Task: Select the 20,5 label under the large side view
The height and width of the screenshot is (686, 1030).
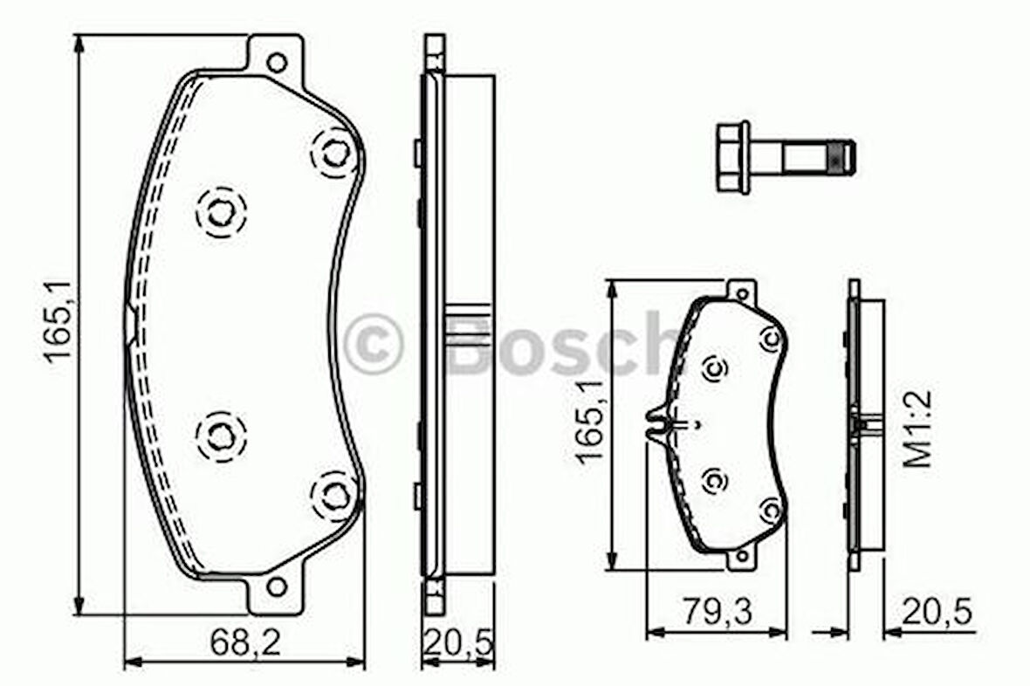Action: [x=458, y=644]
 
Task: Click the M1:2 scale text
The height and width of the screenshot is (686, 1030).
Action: [x=917, y=429]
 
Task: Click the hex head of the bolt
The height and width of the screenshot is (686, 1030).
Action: [x=732, y=157]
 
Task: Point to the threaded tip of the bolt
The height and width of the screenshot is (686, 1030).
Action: [x=841, y=157]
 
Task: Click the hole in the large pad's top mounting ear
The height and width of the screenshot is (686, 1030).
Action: [x=277, y=63]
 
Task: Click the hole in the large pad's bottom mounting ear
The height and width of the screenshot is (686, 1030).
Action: [x=277, y=587]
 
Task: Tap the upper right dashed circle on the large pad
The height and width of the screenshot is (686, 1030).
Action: [x=334, y=154]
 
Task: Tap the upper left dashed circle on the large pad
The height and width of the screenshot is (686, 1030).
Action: [x=221, y=210]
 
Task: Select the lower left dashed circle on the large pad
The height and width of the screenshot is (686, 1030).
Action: [x=221, y=435]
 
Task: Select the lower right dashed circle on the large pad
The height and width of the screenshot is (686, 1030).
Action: [x=334, y=495]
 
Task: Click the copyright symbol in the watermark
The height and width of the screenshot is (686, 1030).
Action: [x=373, y=344]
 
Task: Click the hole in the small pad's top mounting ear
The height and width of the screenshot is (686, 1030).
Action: [x=741, y=293]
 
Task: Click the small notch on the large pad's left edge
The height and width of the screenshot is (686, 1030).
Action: [x=130, y=322]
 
